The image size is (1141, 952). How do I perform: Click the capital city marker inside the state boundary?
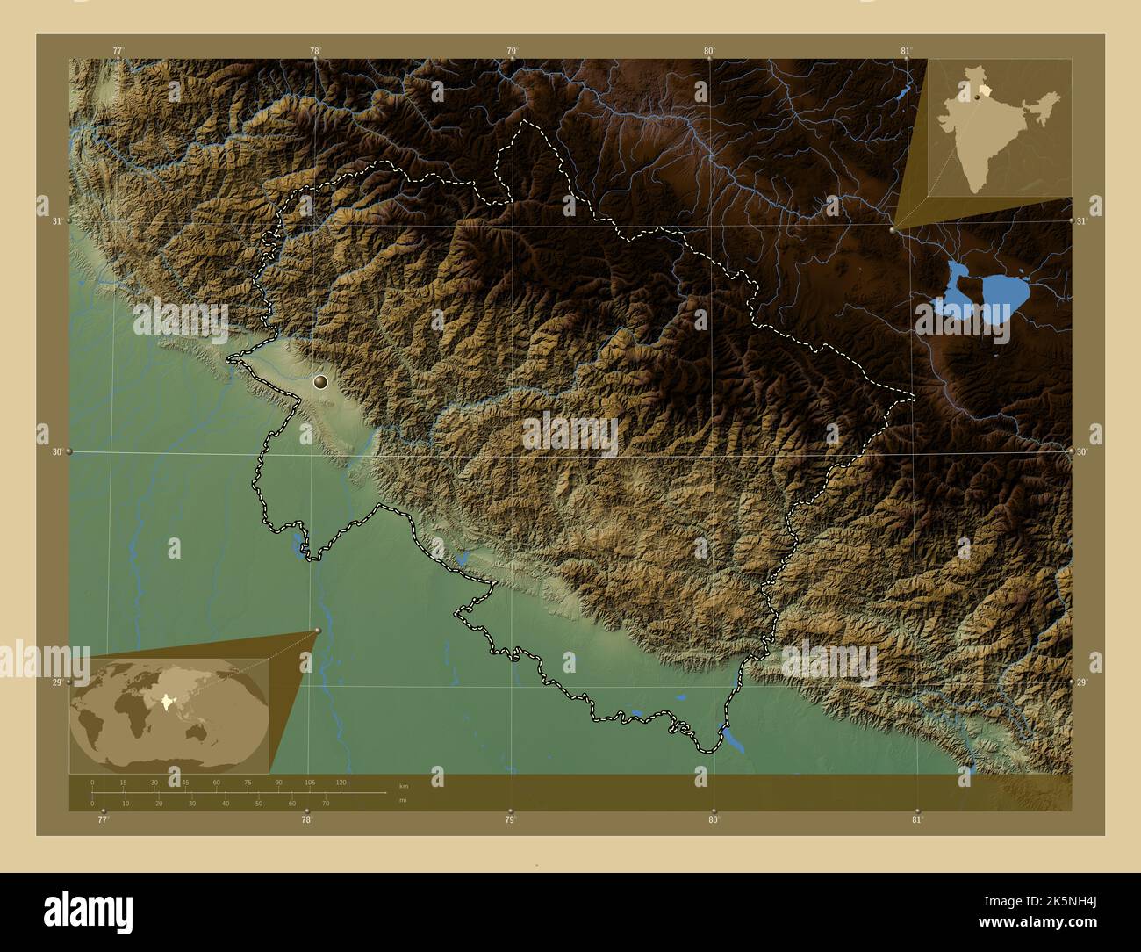(320, 381)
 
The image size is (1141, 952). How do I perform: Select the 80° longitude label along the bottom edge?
(714, 820)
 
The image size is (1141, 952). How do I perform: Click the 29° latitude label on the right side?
(1082, 682)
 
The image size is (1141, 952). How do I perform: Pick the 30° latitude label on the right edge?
(1082, 451)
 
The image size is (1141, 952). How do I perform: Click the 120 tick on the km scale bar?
(341, 782)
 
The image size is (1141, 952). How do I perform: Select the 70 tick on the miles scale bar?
(325, 803)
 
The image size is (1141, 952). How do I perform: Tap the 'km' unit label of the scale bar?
(403, 786)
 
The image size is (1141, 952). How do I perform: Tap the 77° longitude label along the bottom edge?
(103, 820)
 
